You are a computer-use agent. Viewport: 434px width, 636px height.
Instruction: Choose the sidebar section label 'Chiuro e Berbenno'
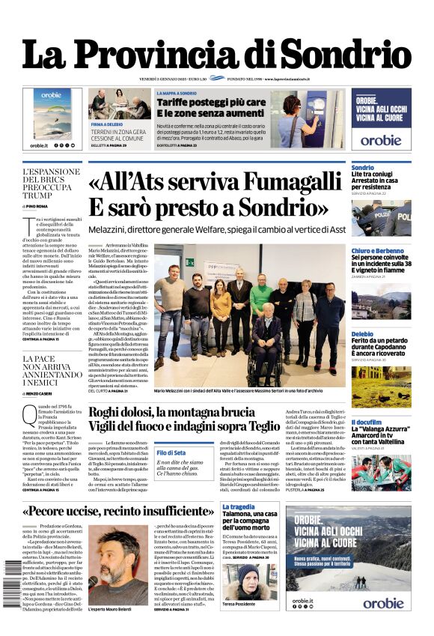point(379,250)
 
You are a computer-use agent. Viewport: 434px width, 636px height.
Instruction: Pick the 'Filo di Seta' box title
point(171,452)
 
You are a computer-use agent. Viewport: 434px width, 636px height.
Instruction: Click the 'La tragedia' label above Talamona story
point(238,507)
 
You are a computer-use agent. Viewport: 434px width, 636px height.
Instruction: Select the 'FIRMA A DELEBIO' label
point(107,123)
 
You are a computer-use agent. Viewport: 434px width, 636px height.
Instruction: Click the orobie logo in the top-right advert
point(380,139)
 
